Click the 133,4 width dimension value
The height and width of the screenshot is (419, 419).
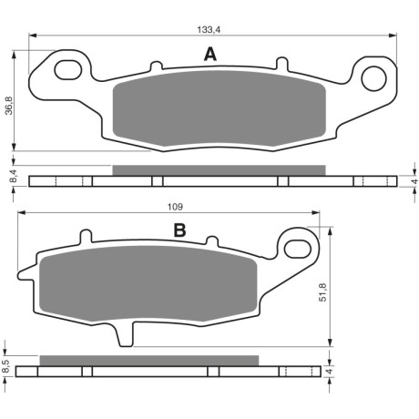[x=209, y=29]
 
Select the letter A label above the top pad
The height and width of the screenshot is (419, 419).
[x=210, y=55]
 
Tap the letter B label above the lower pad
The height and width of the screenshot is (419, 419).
[x=179, y=230]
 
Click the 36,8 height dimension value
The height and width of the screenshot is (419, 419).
[x=10, y=106]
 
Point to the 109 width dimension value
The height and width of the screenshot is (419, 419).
[x=176, y=207]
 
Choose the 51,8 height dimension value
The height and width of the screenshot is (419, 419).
[x=323, y=291]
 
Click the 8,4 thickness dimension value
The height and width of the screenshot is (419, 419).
[x=14, y=177]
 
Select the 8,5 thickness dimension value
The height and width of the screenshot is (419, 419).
[x=6, y=366]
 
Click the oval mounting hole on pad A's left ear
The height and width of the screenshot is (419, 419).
[x=68, y=70]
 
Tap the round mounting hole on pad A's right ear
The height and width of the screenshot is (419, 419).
[x=373, y=78]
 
